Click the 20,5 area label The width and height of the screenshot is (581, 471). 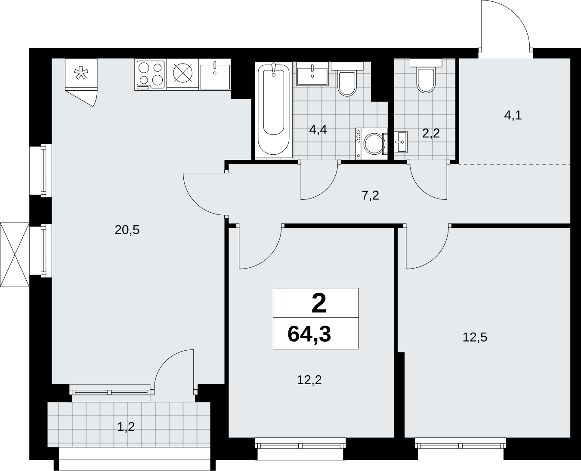(x=127, y=230)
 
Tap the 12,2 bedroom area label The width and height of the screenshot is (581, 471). (x=309, y=380)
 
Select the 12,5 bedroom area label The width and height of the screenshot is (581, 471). (x=475, y=337)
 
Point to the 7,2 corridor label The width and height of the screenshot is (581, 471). (x=371, y=196)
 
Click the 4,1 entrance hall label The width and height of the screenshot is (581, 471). (x=513, y=116)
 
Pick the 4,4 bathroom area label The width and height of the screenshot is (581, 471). (x=318, y=130)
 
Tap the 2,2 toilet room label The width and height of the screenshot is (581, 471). (x=431, y=134)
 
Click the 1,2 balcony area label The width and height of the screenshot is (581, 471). (x=126, y=427)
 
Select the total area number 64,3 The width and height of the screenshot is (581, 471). (x=309, y=334)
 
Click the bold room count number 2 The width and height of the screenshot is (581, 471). (x=318, y=304)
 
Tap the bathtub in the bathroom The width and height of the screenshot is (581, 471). (x=274, y=110)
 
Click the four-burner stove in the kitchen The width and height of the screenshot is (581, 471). (x=150, y=75)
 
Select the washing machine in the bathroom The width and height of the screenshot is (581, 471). (x=371, y=144)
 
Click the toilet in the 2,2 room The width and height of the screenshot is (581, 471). (x=426, y=76)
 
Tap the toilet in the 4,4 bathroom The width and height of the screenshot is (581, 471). (x=347, y=79)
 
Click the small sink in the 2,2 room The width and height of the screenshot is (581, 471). (x=400, y=142)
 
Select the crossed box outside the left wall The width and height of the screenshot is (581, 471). (x=15, y=255)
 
